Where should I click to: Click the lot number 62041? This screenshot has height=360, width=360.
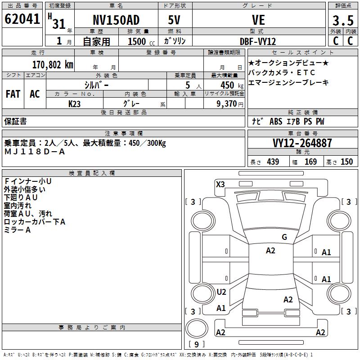coord(22,20)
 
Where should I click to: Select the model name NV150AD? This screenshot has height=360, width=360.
coord(116,20)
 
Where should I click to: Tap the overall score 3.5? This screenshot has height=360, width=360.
coord(342,20)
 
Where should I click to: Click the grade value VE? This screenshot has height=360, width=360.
coord(258,20)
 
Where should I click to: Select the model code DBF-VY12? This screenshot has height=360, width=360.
coord(258,41)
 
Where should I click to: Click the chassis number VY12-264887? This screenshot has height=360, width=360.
coord(302,144)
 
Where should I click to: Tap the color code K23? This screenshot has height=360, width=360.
coord(75,103)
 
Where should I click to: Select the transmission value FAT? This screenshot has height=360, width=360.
coord(13,94)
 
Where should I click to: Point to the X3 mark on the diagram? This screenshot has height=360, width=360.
coord(220,184)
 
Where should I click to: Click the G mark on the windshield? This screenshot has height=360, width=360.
coord(284,237)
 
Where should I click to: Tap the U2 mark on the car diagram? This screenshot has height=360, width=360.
coord(221,292)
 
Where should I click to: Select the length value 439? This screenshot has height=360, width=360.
coord(273,162)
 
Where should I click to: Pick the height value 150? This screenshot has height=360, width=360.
coord(346,162)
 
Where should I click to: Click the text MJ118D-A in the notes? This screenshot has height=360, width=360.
coord(35,152)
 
